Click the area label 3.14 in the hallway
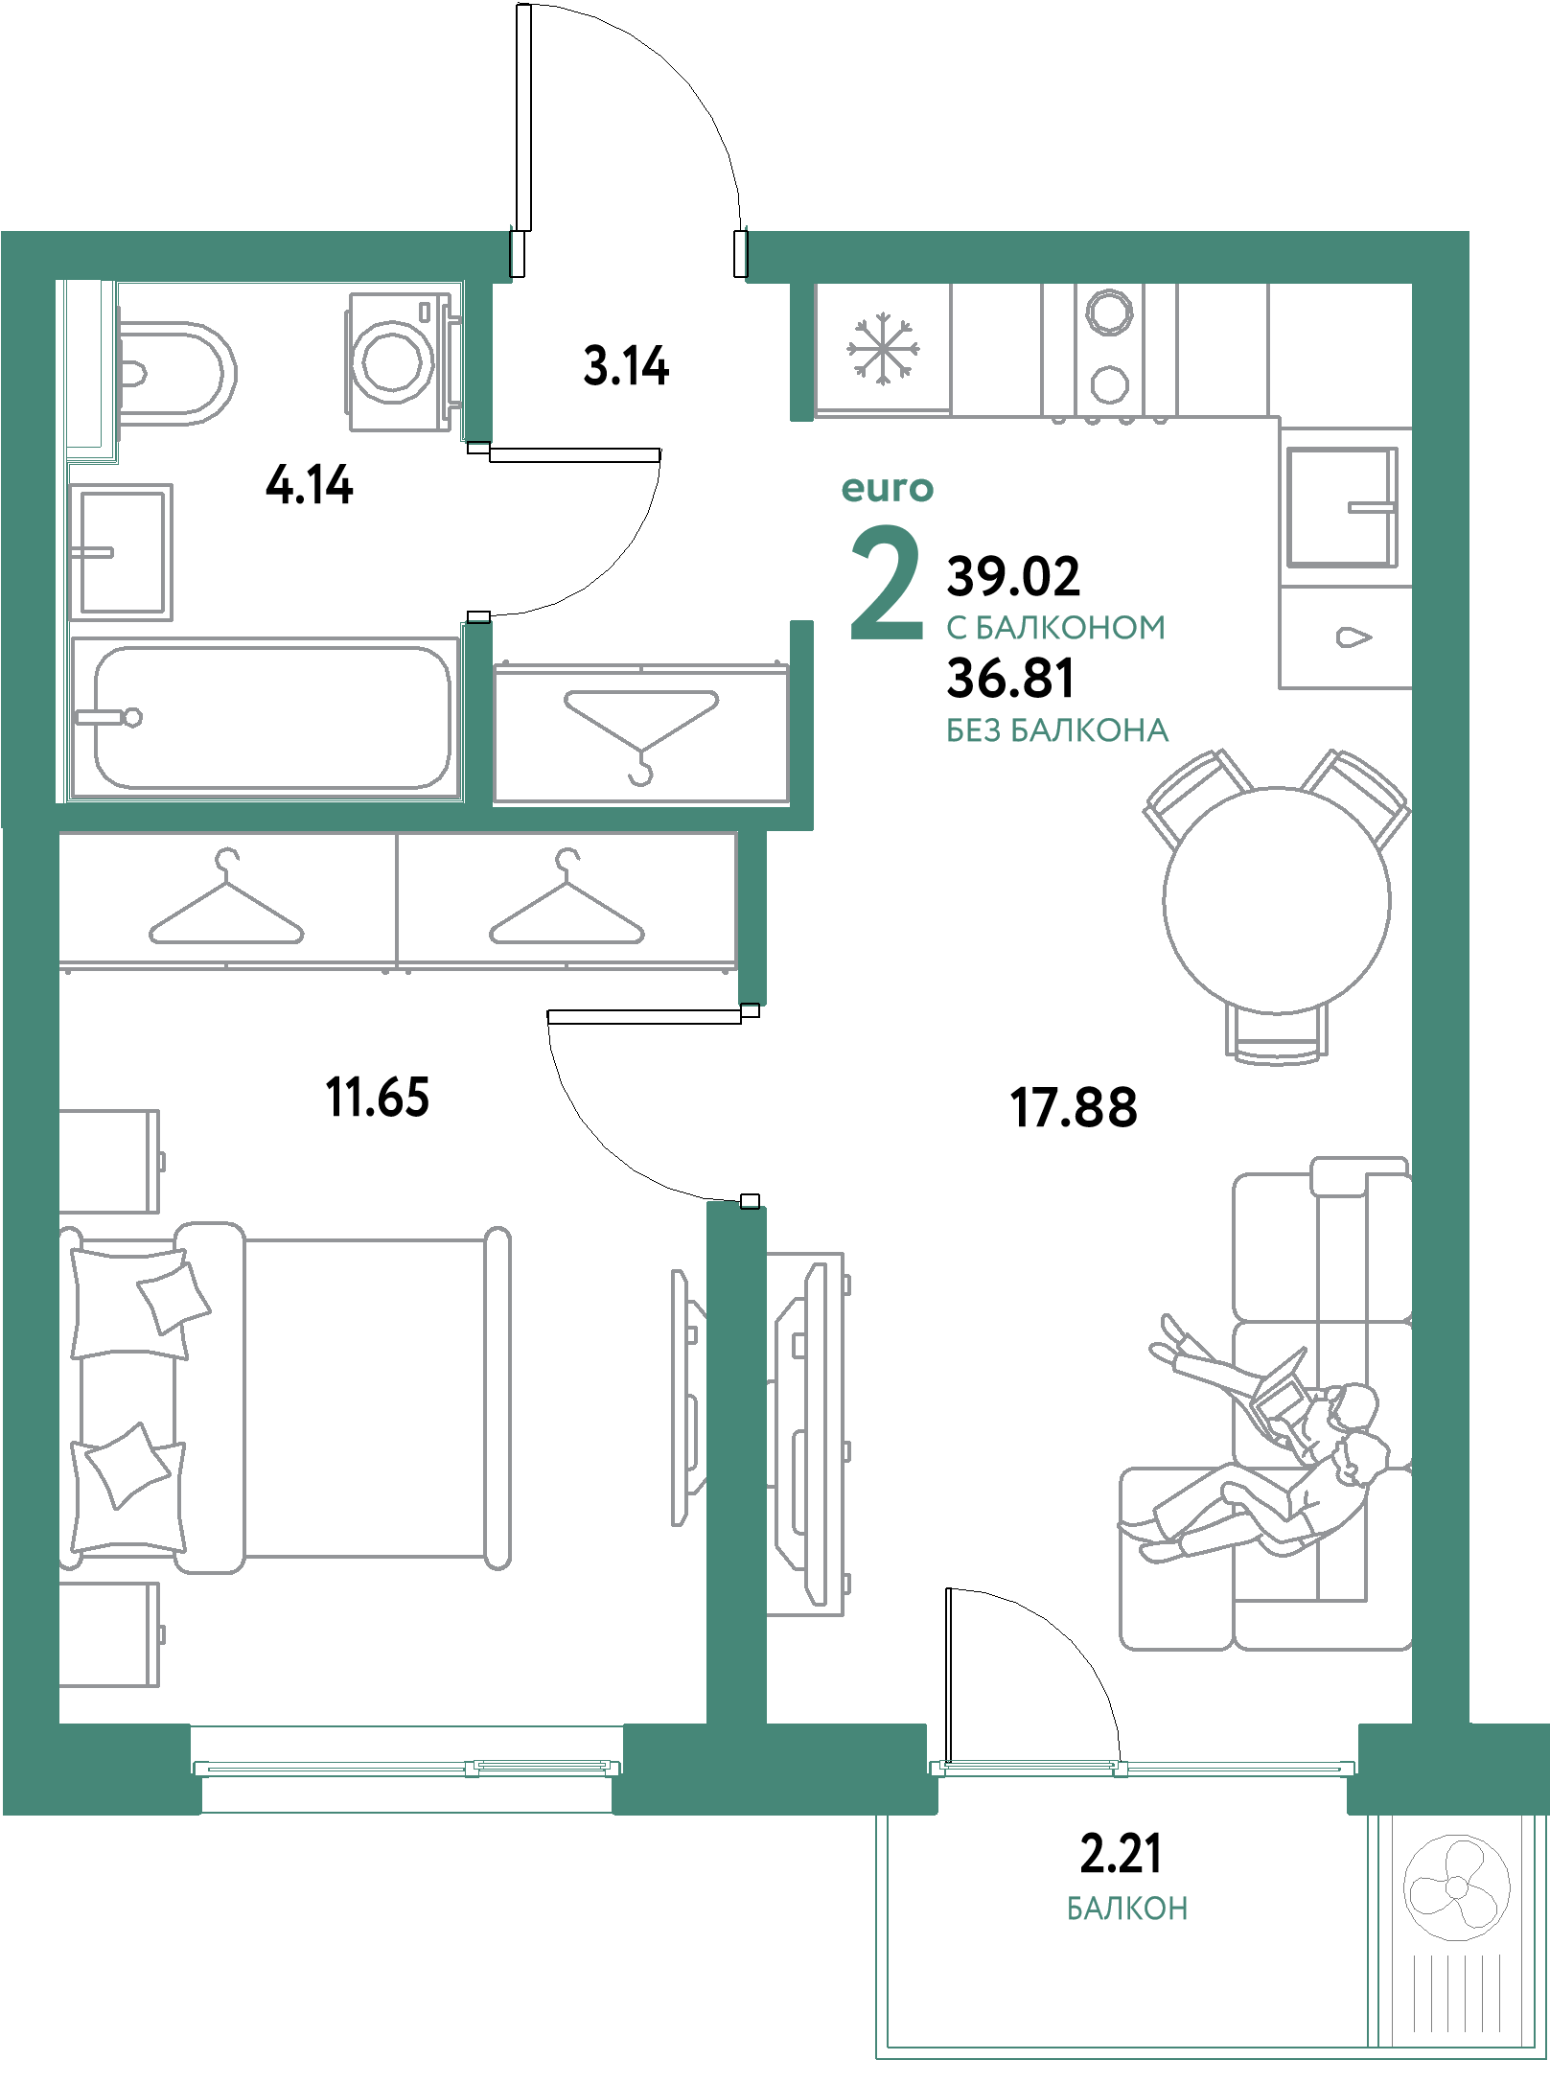pyautogui.click(x=626, y=366)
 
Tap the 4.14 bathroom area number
pyautogui.click(x=310, y=485)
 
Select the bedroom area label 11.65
pyautogui.click(x=378, y=1098)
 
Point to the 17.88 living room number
pyautogui.click(x=1074, y=1107)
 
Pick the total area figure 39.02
pyautogui.click(x=1013, y=576)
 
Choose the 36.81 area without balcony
pyautogui.click(x=1010, y=678)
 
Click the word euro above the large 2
pyautogui.click(x=887, y=489)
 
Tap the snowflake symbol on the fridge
pyautogui.click(x=883, y=349)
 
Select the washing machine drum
pyautogui.click(x=392, y=361)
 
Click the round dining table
pyautogui.click(x=1277, y=900)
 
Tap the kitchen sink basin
pyautogui.click(x=1340, y=507)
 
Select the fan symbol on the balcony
pyautogui.click(x=1456, y=1887)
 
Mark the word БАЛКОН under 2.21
pyautogui.click(x=1127, y=1909)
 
